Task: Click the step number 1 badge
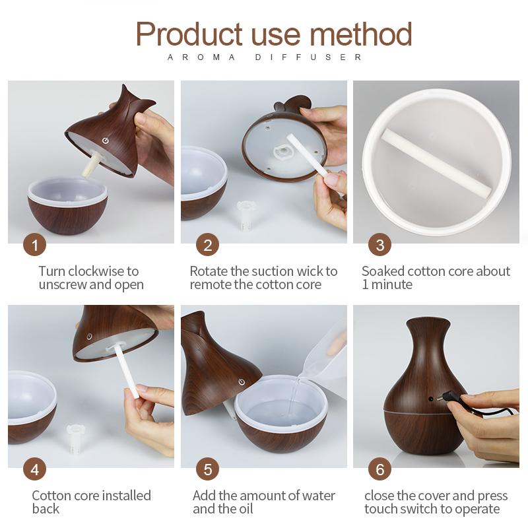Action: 34,246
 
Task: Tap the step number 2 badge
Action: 207,246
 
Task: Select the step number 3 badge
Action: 379,246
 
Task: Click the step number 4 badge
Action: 34,470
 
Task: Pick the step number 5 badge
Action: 207,470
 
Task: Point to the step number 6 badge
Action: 379,470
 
